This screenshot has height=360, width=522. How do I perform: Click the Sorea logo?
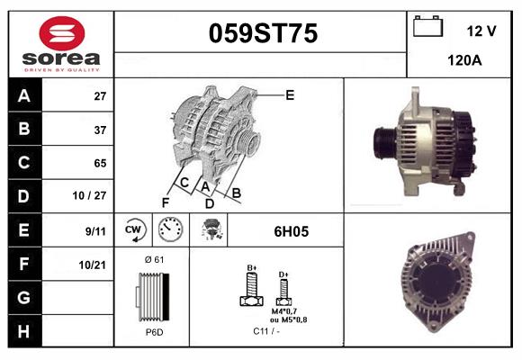click(x=60, y=44)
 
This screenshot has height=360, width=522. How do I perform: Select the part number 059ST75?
click(x=263, y=34)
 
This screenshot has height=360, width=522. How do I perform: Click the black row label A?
click(x=23, y=96)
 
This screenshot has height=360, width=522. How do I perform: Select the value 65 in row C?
click(x=100, y=163)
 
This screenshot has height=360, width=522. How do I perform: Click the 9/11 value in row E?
click(x=95, y=230)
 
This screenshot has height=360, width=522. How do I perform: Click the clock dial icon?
click(x=170, y=230)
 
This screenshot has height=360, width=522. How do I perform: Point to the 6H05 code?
click(x=291, y=231)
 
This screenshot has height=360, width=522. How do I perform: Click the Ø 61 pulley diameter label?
click(x=153, y=260)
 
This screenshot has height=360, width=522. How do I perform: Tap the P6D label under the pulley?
click(x=153, y=332)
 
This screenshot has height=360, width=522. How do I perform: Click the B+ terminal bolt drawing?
click(x=253, y=288)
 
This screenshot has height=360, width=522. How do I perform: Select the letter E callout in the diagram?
click(x=290, y=94)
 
